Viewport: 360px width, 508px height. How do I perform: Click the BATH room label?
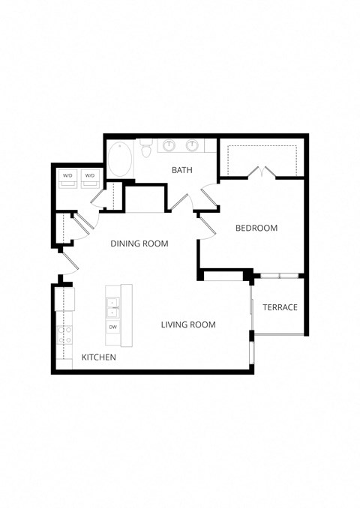coord(182,171)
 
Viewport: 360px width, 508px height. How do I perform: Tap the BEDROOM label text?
coord(256,229)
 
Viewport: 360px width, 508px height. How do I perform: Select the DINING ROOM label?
coord(139,244)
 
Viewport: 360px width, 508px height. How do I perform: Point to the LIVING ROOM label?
coord(188,325)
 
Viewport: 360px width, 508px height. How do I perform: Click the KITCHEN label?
coord(98,358)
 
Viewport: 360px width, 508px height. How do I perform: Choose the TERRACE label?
coord(280,307)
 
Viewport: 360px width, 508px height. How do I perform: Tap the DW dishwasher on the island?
coord(112,327)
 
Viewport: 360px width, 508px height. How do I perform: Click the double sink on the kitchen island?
coord(112,308)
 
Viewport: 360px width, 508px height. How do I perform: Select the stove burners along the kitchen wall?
coord(64,334)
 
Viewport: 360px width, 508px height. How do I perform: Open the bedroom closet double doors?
coord(262,173)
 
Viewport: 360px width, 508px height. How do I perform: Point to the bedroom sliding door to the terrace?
coord(277,276)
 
